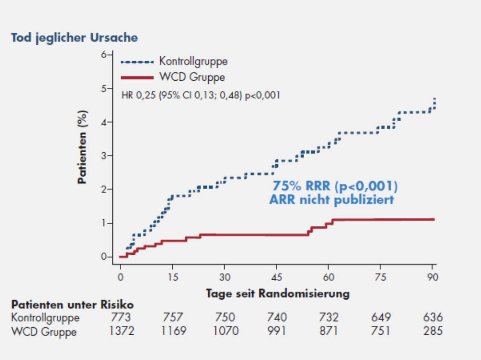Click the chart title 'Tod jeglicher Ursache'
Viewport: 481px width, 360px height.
(x=75, y=38)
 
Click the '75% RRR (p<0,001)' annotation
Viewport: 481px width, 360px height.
(x=334, y=187)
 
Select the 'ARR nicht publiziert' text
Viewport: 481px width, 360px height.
(x=331, y=200)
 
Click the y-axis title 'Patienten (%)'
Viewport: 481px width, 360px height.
(x=83, y=147)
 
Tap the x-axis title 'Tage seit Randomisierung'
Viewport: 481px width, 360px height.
(x=278, y=293)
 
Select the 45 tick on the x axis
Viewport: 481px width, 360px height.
(x=276, y=276)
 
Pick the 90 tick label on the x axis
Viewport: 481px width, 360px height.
(x=432, y=276)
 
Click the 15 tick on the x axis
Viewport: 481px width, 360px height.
(x=172, y=276)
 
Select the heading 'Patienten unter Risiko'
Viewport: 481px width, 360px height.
(x=72, y=305)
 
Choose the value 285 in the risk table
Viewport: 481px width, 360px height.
(x=433, y=331)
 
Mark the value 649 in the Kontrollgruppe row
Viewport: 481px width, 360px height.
(x=381, y=318)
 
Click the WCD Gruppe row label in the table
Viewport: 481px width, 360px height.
(x=44, y=331)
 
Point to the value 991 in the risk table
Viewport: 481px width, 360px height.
(x=277, y=331)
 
